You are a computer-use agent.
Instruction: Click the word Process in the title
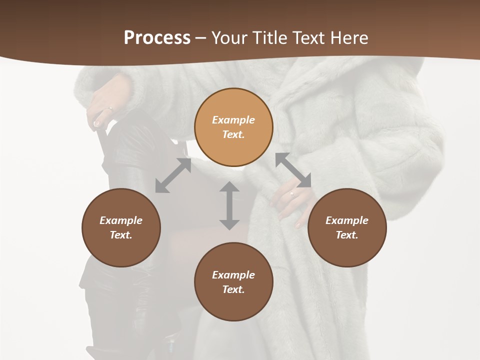pyautogui.click(x=157, y=37)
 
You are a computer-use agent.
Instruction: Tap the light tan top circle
pyautogui.click(x=233, y=127)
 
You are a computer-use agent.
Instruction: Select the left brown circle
pyautogui.click(x=121, y=227)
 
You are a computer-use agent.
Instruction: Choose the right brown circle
pyautogui.click(x=347, y=227)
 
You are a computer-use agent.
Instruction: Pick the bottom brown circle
pyautogui.click(x=233, y=282)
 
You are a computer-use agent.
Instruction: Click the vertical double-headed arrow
pyautogui.click(x=229, y=205)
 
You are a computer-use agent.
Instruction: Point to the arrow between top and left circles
pyautogui.click(x=173, y=175)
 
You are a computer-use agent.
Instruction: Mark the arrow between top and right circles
pyautogui.click(x=293, y=170)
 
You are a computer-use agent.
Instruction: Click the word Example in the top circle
pyautogui.click(x=233, y=120)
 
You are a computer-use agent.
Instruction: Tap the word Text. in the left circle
pyautogui.click(x=121, y=235)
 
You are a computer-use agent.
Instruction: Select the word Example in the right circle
pyautogui.click(x=347, y=220)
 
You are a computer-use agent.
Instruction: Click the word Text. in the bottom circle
pyautogui.click(x=233, y=289)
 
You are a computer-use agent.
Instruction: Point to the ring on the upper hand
pyautogui.click(x=110, y=108)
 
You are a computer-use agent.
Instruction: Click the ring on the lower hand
pyautogui.click(x=292, y=193)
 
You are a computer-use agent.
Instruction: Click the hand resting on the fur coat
pyautogui.click(x=292, y=200)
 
